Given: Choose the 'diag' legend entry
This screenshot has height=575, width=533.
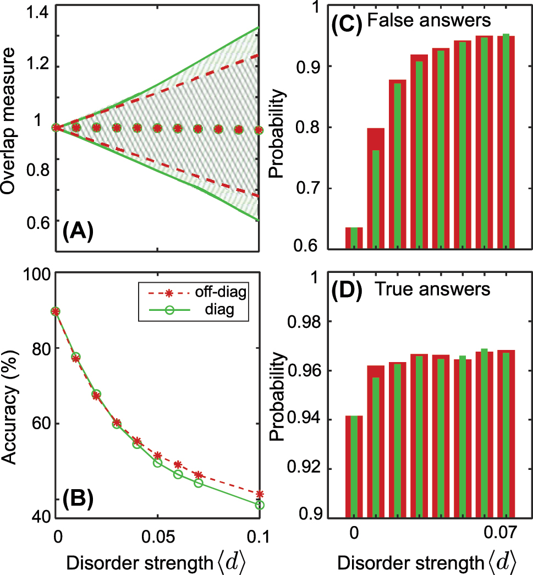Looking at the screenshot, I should [x=223, y=310].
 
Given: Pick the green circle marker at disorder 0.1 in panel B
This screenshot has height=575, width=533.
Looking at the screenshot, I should [x=260, y=505].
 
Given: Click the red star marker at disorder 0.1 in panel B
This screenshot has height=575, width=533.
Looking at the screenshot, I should [x=260, y=494].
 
